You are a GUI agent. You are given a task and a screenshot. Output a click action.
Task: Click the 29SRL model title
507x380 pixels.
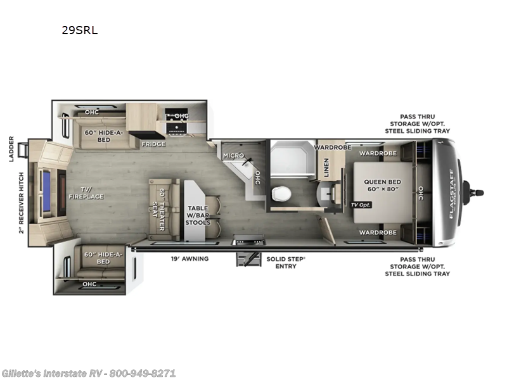pyautogui.click(x=80, y=30)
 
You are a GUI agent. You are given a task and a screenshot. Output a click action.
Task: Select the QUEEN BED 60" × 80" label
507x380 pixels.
pyautogui.click(x=382, y=186)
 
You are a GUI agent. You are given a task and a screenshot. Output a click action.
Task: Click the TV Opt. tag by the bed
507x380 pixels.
pyautogui.click(x=361, y=205)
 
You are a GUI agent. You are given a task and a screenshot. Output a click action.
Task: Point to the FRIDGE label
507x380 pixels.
pyautogui.click(x=153, y=144)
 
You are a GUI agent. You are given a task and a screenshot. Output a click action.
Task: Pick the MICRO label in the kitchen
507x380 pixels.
pyautogui.click(x=233, y=155)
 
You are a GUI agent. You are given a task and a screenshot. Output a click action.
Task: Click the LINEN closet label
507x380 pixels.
pyautogui.click(x=326, y=167)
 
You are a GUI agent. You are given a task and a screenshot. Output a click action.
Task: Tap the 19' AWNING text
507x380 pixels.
pyautogui.click(x=189, y=258)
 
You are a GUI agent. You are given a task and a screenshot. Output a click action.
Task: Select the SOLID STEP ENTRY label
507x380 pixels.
pyautogui.click(x=286, y=262)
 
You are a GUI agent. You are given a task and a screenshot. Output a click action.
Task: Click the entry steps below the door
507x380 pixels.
pyautogui.click(x=248, y=259)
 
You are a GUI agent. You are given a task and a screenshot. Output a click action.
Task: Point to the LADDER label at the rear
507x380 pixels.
pyautogui.click(x=11, y=149)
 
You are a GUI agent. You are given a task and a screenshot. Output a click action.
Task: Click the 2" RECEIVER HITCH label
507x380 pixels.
pyautogui.click(x=22, y=203)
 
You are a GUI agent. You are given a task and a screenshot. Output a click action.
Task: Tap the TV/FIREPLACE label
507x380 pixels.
pyautogui.click(x=86, y=193)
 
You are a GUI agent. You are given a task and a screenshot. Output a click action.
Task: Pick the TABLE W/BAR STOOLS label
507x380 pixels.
pyautogui.click(x=198, y=215)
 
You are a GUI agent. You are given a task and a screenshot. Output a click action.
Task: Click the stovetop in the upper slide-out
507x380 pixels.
pyautogui.click(x=177, y=126)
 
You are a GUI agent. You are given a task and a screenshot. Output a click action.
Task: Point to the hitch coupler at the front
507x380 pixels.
pyautogui.click(x=473, y=193)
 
